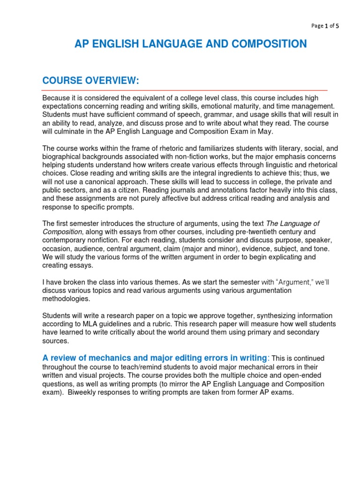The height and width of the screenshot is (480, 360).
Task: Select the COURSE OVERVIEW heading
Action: [x=91, y=81]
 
